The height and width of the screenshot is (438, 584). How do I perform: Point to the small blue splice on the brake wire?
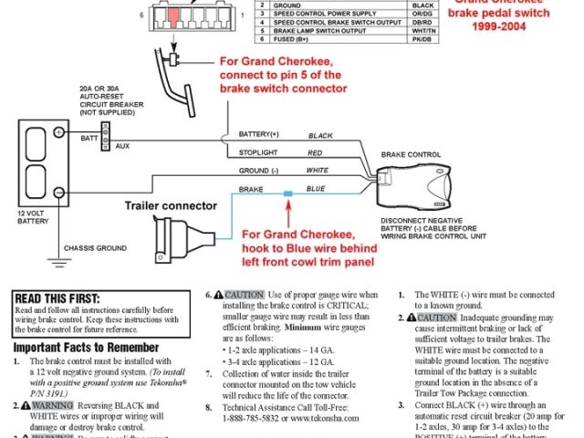[287, 193]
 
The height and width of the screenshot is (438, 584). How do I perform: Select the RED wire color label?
[316, 152]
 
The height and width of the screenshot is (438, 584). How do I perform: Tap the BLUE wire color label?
[316, 189]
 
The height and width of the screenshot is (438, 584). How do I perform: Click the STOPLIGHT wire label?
[259, 152]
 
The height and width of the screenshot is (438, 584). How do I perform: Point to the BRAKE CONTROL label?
[410, 156]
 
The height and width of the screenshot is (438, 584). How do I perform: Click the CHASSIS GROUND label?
[94, 247]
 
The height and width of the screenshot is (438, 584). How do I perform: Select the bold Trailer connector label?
[171, 205]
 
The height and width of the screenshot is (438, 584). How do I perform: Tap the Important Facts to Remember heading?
[78, 348]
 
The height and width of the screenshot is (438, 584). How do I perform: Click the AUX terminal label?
[122, 145]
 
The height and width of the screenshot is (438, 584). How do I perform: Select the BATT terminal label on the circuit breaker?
[88, 137]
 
